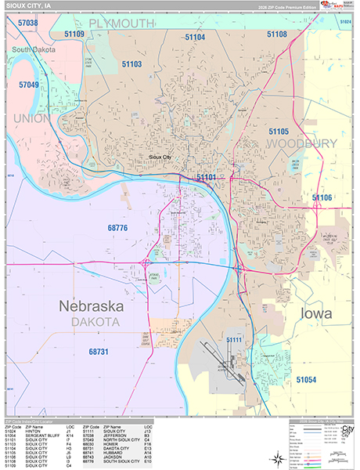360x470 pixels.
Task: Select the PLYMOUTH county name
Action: [x=121, y=23]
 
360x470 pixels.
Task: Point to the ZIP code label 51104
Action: [x=195, y=37]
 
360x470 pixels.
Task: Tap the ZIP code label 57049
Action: [x=28, y=84]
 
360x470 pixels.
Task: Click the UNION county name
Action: [x=31, y=118]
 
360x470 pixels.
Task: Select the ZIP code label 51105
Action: [x=279, y=131]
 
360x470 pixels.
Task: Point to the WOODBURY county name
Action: [x=301, y=143]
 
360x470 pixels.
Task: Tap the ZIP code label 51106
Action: [x=322, y=197]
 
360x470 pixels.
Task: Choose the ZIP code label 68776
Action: [x=117, y=228]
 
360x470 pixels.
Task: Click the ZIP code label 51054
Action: [x=306, y=379]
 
